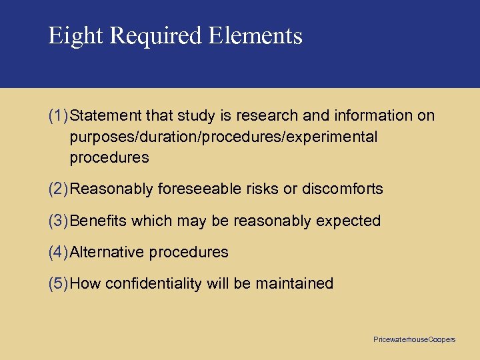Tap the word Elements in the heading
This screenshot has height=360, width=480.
tap(256, 35)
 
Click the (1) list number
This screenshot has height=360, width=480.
tap(58, 116)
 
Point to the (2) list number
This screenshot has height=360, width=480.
tap(58, 189)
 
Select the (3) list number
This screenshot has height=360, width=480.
tap(58, 221)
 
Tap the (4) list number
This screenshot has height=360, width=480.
tap(58, 253)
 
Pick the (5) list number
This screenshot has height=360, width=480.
tap(58, 284)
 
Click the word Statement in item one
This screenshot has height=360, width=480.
tap(100, 116)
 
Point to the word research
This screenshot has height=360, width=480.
tap(266, 116)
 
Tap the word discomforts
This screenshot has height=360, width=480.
tap(343, 189)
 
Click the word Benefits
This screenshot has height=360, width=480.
tap(99, 221)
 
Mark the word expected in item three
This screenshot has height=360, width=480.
tap(353, 221)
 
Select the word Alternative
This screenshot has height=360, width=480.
tap(107, 253)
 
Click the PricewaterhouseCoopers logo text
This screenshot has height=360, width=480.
tap(415, 340)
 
